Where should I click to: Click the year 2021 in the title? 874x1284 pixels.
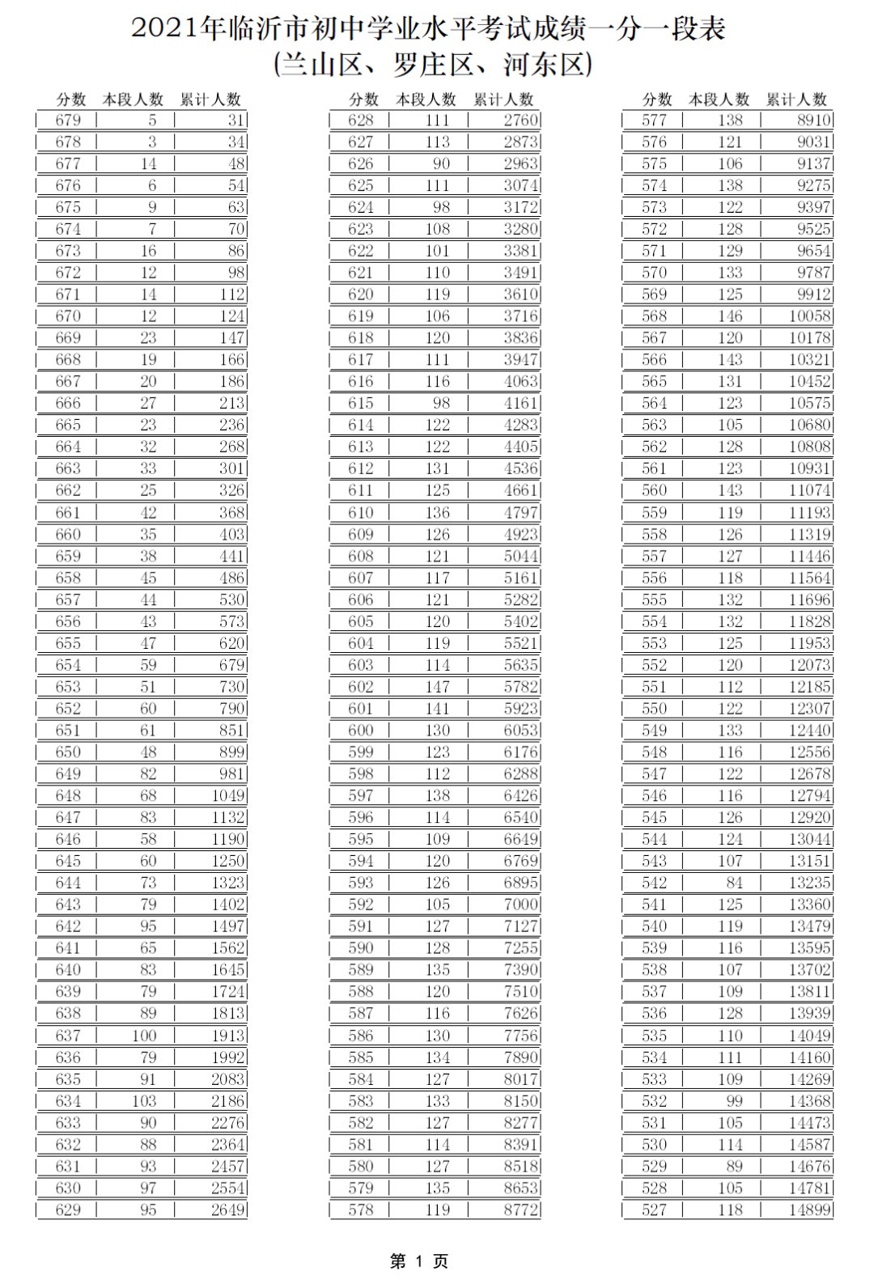(165, 30)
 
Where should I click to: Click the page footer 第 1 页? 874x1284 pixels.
(419, 1261)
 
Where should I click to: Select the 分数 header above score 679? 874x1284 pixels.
(70, 100)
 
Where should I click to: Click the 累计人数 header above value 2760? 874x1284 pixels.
(503, 100)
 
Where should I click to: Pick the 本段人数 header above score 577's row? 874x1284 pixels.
(719, 100)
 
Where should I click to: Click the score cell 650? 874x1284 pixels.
(68, 752)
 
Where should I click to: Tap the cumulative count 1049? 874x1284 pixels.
(227, 795)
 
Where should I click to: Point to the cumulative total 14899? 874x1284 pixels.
(809, 1210)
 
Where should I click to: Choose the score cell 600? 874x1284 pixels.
(361, 730)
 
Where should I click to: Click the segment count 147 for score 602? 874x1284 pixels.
(437, 686)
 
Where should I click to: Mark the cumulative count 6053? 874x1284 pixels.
(520, 730)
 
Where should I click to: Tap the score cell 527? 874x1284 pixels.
(654, 1210)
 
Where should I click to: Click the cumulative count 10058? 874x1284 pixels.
(809, 316)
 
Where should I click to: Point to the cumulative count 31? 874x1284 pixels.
(235, 121)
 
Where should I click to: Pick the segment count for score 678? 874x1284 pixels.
(151, 142)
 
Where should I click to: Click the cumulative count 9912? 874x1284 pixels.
(813, 295)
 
